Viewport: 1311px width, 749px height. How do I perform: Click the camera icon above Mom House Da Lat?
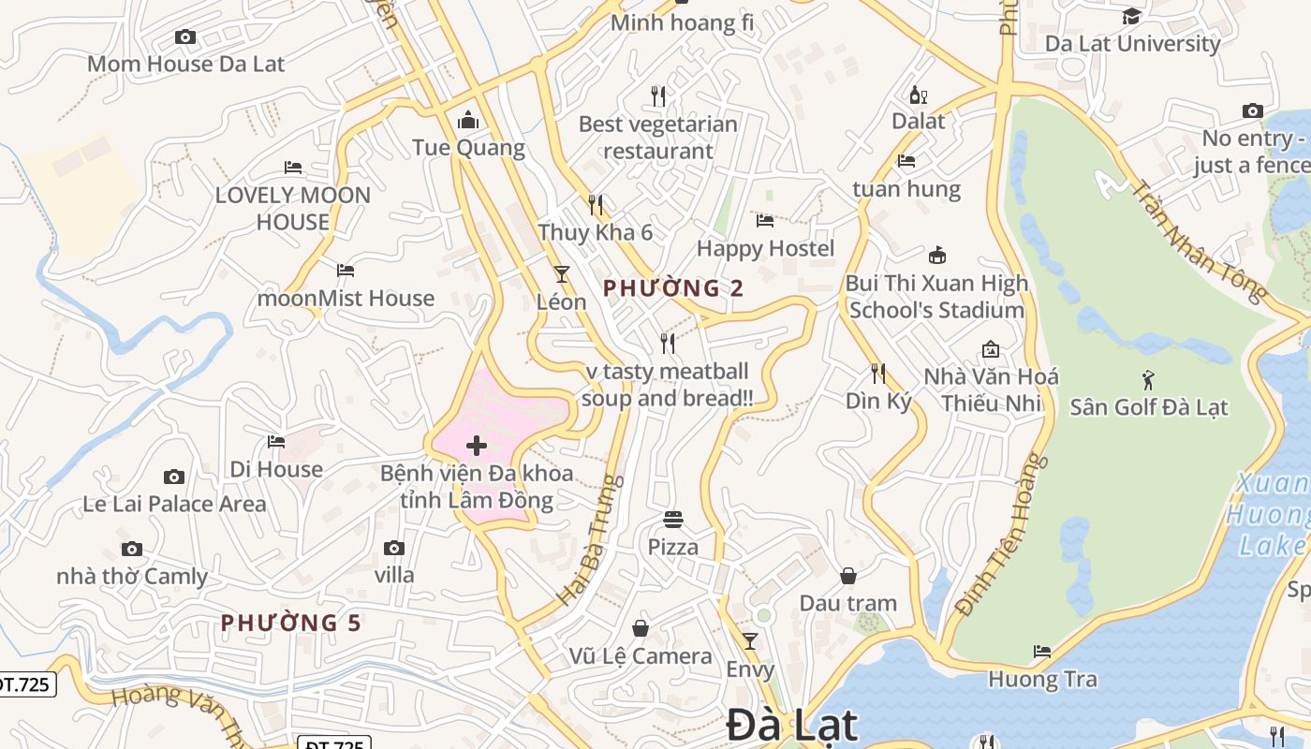185,37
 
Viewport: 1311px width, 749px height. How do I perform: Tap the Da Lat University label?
1132,43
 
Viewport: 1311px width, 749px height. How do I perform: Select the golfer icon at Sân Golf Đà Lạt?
1149,380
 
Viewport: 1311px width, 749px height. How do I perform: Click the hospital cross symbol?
477,446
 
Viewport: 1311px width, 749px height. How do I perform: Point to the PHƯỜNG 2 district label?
673,288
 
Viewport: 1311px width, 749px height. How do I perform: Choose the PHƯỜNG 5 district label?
290,623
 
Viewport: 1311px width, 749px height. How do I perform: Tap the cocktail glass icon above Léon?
562,274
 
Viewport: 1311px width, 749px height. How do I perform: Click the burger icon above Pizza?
673,519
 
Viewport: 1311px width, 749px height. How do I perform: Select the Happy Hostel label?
765,248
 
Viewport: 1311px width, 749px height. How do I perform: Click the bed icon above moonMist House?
346,271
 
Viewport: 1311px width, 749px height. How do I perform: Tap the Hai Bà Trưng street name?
589,539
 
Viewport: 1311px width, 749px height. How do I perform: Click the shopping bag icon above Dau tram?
848,576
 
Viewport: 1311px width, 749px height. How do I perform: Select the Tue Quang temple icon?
467,120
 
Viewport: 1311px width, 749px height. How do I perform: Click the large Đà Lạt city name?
791,726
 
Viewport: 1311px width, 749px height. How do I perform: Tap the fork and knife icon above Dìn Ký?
877,374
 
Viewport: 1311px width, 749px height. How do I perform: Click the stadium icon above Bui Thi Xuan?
936,255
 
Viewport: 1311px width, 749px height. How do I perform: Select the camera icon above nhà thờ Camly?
132,549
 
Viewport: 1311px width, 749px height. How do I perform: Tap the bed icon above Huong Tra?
1042,652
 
